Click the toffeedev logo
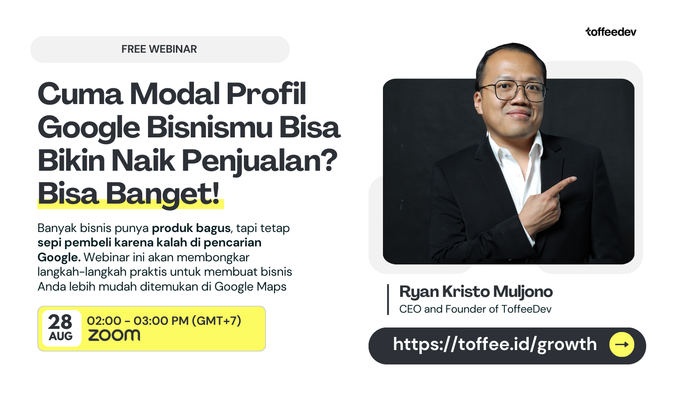pos(611,32)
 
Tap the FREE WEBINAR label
pos(159,49)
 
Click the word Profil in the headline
pos(266,94)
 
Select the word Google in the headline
pos(89,128)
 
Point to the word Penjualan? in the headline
pos(260,161)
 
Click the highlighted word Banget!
pos(163,194)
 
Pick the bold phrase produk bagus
pos(191,228)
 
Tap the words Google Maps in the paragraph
pos(250,287)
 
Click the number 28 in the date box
pos(60,322)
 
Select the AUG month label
pos(61,336)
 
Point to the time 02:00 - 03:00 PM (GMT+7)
pos(164,321)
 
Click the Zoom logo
pos(114,335)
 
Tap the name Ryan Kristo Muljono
pos(476,292)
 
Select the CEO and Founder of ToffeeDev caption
pos(476,309)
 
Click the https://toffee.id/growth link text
pos(495,344)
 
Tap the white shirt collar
pos(514,148)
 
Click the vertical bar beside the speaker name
pos(388,300)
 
